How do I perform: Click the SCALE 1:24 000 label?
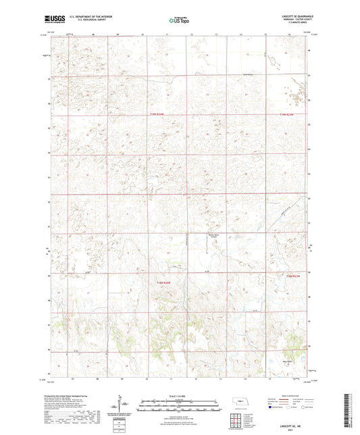coord(179,396)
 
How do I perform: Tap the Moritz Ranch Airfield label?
coord(213,236)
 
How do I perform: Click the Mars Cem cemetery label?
coord(287,362)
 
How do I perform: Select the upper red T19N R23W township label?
coord(288,116)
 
